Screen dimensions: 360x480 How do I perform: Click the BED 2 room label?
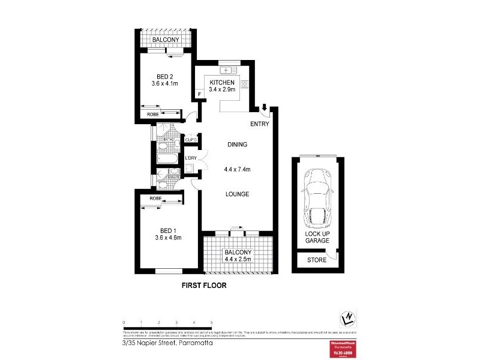(x=165, y=76)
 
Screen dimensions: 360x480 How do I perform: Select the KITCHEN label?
(x=221, y=82)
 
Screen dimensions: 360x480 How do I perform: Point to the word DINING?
(x=238, y=145)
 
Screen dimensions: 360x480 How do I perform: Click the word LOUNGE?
(x=238, y=194)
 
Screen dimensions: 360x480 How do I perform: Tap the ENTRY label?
(x=260, y=124)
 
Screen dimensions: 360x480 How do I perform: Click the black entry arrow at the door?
(x=265, y=108)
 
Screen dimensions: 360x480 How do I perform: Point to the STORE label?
(x=316, y=260)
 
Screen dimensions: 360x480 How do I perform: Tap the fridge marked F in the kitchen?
(x=199, y=94)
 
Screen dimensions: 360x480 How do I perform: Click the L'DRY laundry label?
(x=191, y=158)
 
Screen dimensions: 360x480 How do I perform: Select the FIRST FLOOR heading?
(x=204, y=286)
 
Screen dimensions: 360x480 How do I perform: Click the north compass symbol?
(x=346, y=317)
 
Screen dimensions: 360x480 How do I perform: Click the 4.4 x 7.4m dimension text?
(x=238, y=170)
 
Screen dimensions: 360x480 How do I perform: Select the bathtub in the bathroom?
(x=166, y=160)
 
